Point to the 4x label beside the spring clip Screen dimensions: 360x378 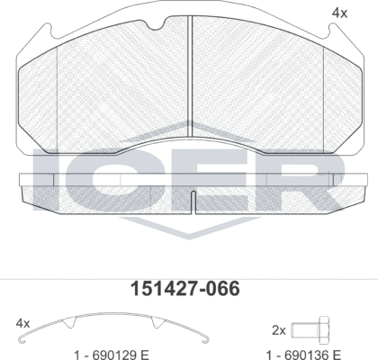coord(23,323)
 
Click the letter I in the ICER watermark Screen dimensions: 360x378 coord(42,181)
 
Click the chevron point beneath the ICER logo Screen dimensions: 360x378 coord(189,241)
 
